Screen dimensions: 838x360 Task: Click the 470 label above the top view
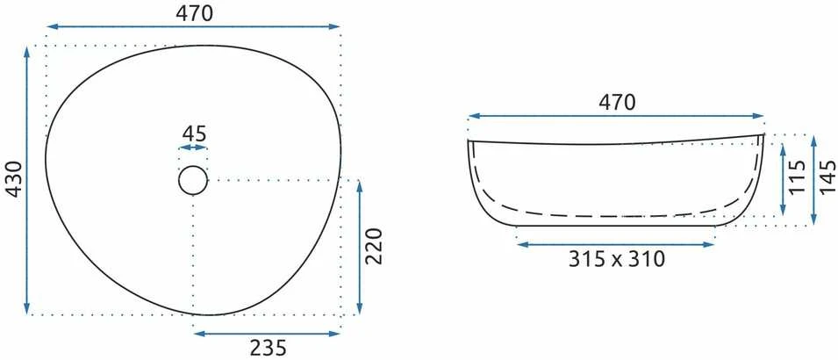(x=194, y=13)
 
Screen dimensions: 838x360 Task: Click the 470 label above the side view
(x=617, y=102)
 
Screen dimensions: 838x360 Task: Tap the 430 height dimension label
(x=16, y=179)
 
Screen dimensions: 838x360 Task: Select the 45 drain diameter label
(x=193, y=133)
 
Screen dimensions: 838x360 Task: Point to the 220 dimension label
(x=375, y=246)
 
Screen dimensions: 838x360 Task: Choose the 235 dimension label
(x=269, y=348)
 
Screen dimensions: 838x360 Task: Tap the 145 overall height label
(x=827, y=177)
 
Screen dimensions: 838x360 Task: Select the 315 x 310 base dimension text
(x=616, y=259)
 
